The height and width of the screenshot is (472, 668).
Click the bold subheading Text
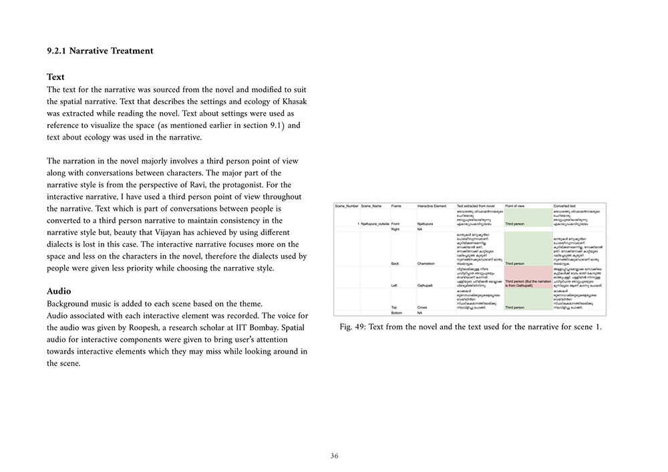(x=55, y=77)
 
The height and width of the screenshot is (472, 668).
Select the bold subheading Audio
(x=59, y=291)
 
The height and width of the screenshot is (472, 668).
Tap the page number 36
(x=334, y=456)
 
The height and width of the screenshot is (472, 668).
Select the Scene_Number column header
(x=345, y=206)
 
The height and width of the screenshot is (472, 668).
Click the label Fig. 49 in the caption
(x=353, y=327)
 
